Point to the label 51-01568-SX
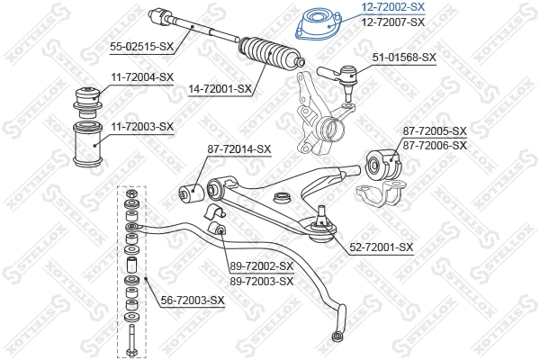(x=404, y=58)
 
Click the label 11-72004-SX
(x=142, y=77)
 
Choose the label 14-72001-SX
(x=220, y=90)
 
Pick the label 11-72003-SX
(x=142, y=126)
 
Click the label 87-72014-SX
(x=239, y=148)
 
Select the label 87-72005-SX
(x=435, y=131)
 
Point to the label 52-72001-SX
(x=382, y=247)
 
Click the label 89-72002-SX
(x=262, y=266)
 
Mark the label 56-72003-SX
(x=192, y=300)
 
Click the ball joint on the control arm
(x=319, y=226)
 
